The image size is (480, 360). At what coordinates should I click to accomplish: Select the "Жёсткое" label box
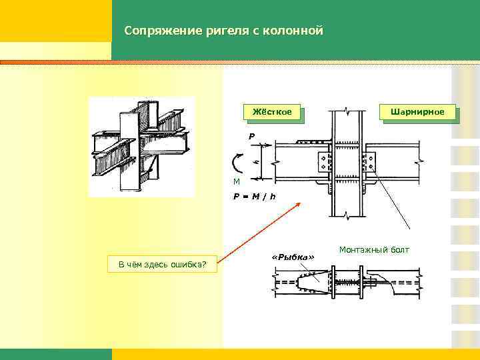tap(272, 113)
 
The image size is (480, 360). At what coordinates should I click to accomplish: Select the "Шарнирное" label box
tap(417, 112)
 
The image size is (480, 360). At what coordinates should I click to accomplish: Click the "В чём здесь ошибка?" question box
tap(162, 265)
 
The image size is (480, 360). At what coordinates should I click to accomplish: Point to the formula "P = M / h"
tap(255, 196)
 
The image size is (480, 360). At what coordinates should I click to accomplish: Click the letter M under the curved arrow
tap(236, 182)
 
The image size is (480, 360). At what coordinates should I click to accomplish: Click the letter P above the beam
tap(251, 137)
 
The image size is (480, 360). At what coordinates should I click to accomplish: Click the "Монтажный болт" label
tap(374, 250)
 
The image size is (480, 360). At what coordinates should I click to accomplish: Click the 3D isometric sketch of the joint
tap(141, 147)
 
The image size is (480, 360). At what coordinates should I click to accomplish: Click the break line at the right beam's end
tap(419, 161)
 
